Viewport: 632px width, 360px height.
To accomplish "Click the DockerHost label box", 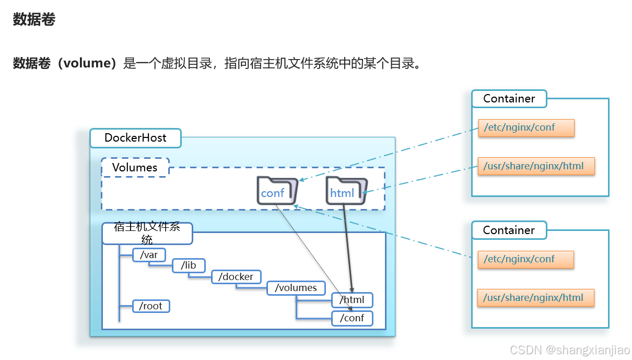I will click(135, 138).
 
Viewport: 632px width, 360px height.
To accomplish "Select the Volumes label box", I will click(135, 168).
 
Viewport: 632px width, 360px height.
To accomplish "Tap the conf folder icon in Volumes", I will click(277, 190).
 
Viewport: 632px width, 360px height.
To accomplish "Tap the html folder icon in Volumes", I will click(346, 190).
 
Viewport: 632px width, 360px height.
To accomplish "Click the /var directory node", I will click(149, 255).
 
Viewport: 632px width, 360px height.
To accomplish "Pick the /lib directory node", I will click(189, 265).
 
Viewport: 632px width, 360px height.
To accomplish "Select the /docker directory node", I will click(236, 277).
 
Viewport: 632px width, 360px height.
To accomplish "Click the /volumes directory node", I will click(296, 288).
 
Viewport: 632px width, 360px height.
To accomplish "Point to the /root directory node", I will click(151, 306).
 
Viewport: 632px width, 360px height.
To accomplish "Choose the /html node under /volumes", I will click(352, 300).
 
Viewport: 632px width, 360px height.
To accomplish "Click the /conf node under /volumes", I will click(352, 318).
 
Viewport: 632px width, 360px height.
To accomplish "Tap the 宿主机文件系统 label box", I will click(147, 234).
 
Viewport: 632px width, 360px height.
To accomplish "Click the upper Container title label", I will click(509, 99).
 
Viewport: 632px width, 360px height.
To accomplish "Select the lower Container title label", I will click(509, 230).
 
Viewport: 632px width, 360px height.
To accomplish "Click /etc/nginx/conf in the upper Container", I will click(526, 127).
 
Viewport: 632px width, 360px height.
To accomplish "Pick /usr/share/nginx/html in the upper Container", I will click(536, 166).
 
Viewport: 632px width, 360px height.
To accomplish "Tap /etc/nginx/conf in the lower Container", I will click(525, 259).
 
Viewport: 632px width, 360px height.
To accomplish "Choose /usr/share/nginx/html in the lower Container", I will click(536, 298).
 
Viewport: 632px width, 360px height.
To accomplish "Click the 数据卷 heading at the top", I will click(34, 20).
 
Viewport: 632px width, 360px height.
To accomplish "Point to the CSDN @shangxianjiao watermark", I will click(570, 350).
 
